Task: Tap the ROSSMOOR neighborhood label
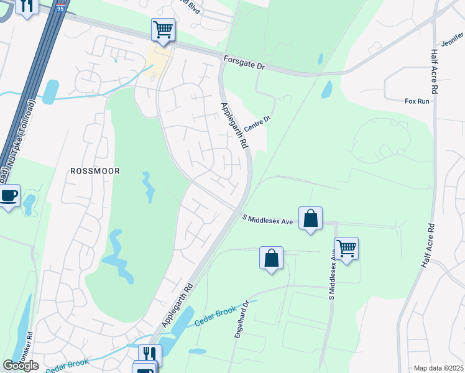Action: click(x=95, y=170)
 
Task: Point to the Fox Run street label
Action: click(x=417, y=101)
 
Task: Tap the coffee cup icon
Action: click(x=9, y=196)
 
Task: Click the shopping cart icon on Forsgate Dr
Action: click(x=163, y=29)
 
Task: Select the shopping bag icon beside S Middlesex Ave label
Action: click(x=310, y=218)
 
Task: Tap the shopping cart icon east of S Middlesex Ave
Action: click(x=346, y=249)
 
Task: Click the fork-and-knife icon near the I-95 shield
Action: click(x=26, y=6)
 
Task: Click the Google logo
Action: click(x=21, y=366)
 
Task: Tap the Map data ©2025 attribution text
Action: click(x=438, y=368)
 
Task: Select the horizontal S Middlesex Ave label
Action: click(x=267, y=218)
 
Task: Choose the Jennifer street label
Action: click(x=453, y=44)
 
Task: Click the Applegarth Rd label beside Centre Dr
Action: click(x=234, y=125)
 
